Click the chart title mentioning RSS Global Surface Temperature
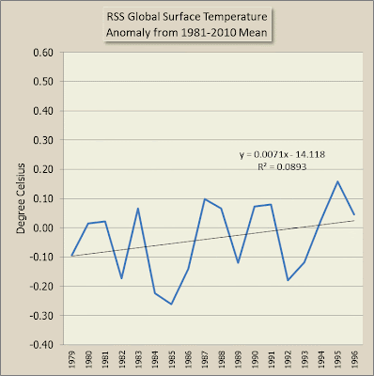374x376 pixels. click(187, 24)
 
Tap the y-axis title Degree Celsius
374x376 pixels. click(21, 198)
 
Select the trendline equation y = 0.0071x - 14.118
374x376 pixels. click(282, 154)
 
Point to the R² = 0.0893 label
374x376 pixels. click(282, 166)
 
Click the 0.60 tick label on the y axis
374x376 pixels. click(43, 53)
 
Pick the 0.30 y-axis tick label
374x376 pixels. click(43, 140)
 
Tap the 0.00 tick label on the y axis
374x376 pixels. click(43, 227)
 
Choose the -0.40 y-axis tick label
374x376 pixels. click(41, 345)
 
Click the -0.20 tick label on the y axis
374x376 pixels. click(41, 287)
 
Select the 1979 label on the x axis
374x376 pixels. click(72, 359)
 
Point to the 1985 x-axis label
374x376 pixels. click(171, 359)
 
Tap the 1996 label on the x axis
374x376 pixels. click(354, 359)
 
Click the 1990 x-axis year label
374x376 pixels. click(255, 359)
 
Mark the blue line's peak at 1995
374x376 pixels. click(337, 181)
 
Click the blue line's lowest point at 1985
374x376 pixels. click(171, 304)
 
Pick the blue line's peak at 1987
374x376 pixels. click(205, 198)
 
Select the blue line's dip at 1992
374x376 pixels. click(288, 280)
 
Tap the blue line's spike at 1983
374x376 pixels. click(138, 208)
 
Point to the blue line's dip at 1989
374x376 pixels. click(238, 262)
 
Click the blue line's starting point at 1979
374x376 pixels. click(72, 256)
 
